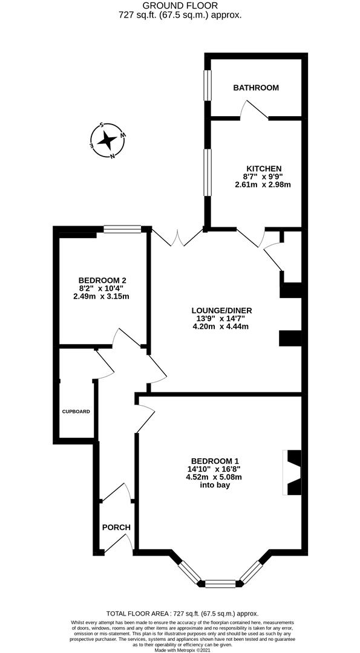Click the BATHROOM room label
pos(256,88)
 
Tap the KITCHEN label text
pos(263,168)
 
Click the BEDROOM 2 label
pos(102,280)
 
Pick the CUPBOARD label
pos(76,412)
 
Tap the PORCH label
pos(116,527)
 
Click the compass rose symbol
pos(107,140)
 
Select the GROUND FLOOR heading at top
pos(180,5)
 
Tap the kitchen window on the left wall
pos(207,172)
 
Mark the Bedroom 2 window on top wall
pos(122,229)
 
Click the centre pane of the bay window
pos(220,583)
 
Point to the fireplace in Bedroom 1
pos(293,473)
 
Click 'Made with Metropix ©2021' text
pos(180,650)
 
